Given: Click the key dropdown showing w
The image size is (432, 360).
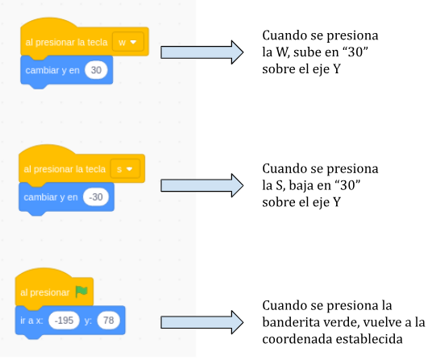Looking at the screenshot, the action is [128, 42].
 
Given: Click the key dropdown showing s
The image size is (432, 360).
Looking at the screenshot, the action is [125, 168].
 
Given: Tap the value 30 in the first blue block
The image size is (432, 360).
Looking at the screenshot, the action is [96, 70].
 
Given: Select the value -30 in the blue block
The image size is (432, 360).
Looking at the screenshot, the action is [96, 197].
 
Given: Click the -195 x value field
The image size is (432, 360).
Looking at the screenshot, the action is [64, 320].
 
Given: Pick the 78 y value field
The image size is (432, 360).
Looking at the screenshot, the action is [109, 320].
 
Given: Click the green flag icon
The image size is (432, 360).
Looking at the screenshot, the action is [81, 292].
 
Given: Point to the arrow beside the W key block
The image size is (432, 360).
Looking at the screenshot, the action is [202, 52].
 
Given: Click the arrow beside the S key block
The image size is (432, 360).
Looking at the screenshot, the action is [202, 185].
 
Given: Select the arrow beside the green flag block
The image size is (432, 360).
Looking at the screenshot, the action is [202, 322].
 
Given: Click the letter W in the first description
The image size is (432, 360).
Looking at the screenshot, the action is [282, 52].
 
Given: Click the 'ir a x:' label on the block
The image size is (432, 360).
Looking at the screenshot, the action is [31, 320].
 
